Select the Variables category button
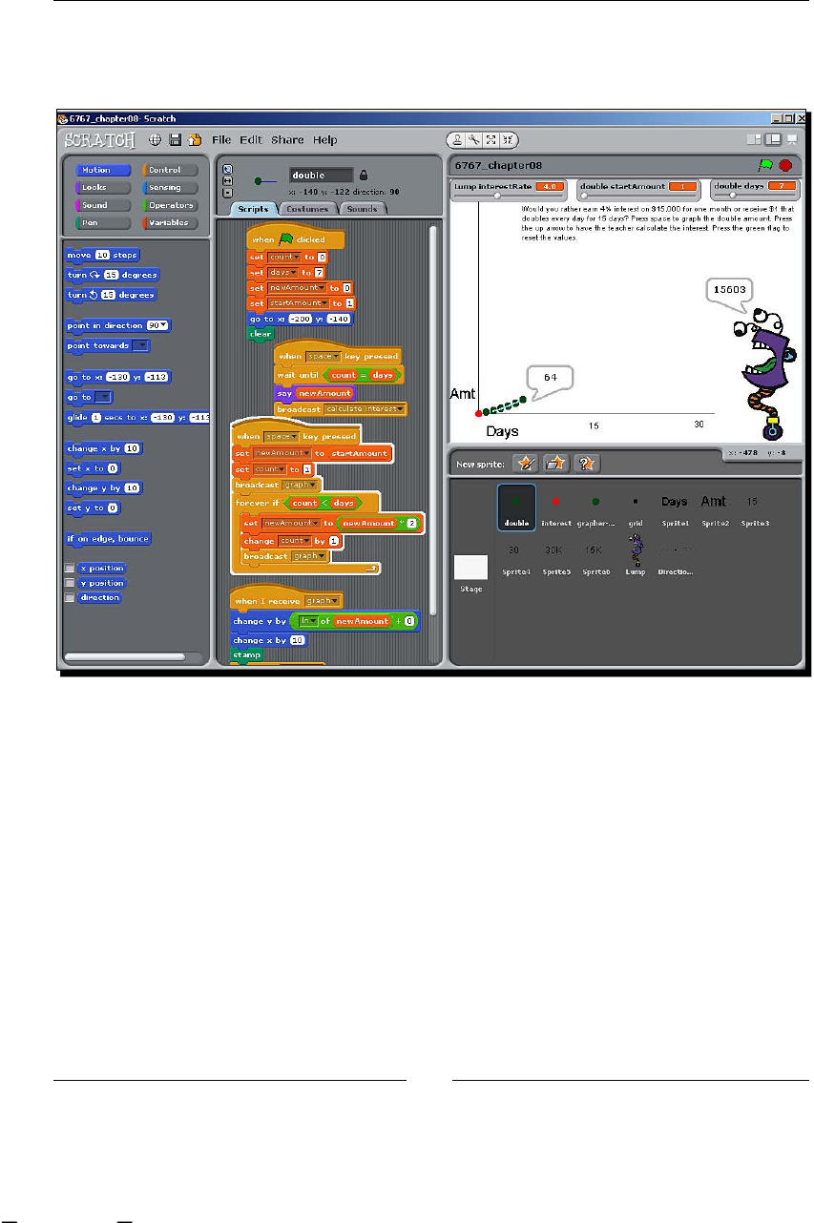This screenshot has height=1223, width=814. [171, 223]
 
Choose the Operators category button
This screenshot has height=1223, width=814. [171, 205]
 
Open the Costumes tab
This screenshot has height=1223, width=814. [306, 209]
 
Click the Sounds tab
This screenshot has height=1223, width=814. [361, 209]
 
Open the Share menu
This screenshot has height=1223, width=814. [287, 140]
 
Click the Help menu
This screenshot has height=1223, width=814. [325, 140]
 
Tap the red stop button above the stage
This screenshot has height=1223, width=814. [785, 165]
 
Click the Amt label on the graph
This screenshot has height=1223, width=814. [463, 393]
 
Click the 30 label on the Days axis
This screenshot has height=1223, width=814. [699, 425]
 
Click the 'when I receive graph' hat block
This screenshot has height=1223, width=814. [286, 600]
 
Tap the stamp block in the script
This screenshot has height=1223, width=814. [247, 655]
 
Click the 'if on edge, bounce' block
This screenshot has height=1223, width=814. [108, 538]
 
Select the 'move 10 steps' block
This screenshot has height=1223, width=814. [103, 255]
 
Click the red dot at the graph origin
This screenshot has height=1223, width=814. [478, 413]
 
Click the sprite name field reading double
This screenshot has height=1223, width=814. [321, 176]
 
